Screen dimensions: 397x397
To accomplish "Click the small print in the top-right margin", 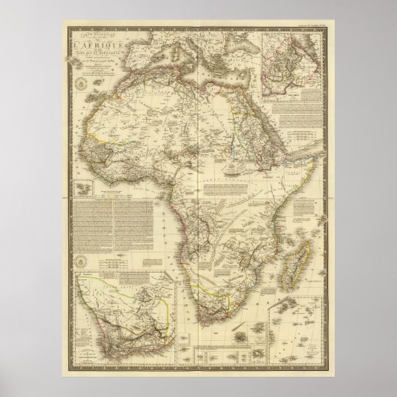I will click(307, 30).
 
